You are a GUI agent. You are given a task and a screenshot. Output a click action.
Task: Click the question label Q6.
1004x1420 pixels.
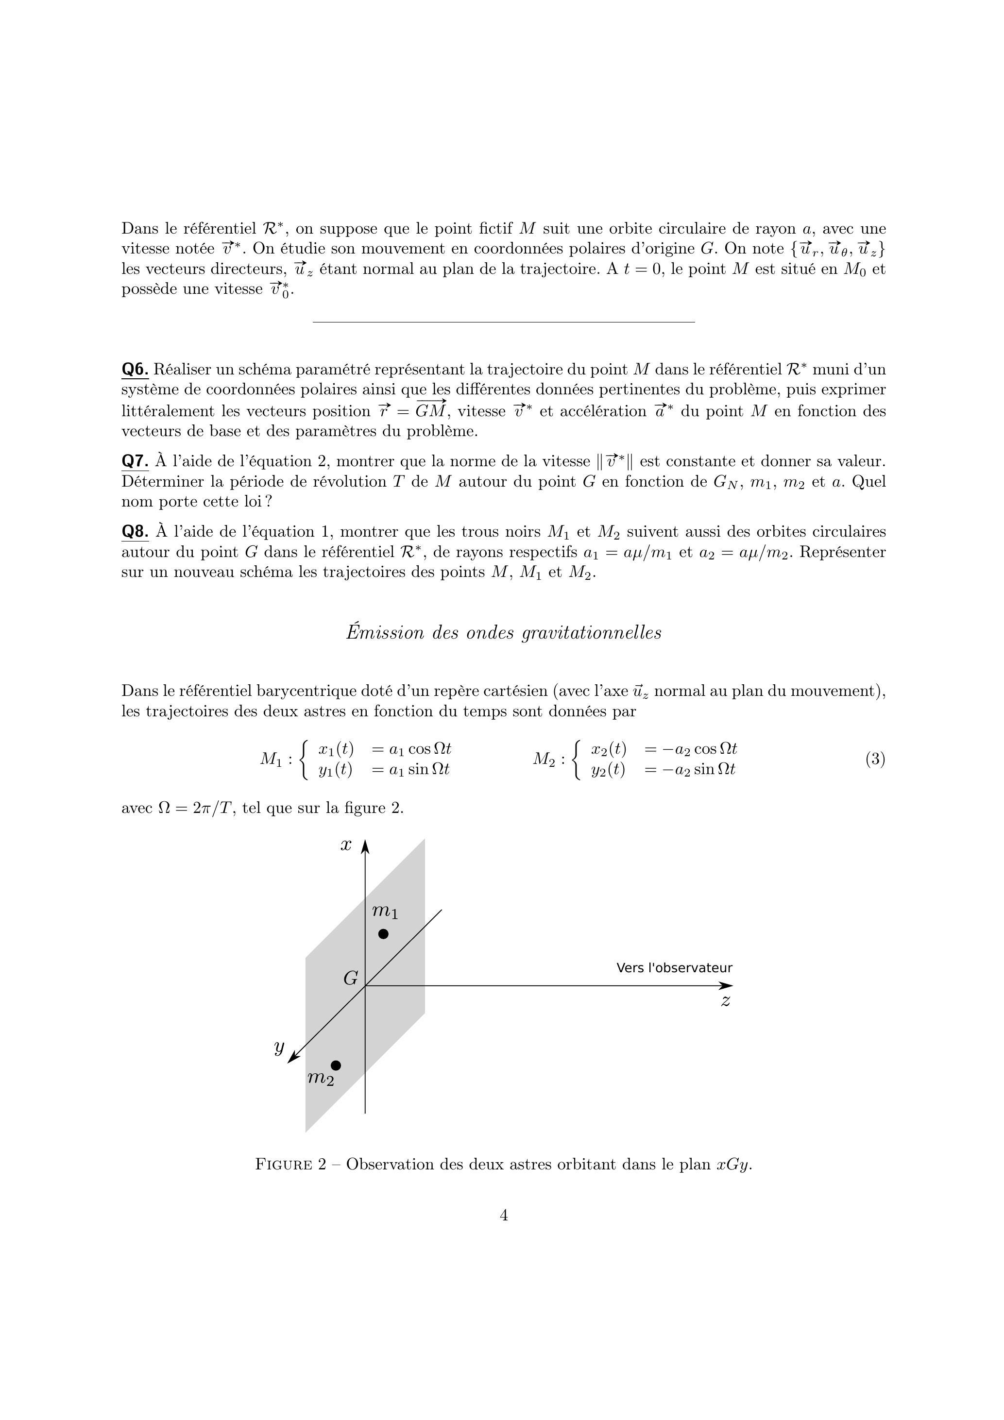(135, 370)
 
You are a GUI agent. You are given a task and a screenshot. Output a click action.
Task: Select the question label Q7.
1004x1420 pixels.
(135, 461)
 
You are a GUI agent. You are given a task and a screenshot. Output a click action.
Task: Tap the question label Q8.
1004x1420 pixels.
(135, 532)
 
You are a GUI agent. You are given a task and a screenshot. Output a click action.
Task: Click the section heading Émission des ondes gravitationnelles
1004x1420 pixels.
(504, 633)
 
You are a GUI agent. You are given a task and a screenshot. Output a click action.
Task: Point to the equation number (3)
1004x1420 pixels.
(875, 759)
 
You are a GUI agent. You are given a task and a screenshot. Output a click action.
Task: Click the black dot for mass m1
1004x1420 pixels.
(384, 934)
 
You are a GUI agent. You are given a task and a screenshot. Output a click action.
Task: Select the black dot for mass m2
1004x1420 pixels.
(336, 1065)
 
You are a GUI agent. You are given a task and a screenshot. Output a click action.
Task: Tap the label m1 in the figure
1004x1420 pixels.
(385, 912)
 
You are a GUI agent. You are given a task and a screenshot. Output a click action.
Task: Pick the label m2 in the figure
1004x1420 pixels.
(321, 1078)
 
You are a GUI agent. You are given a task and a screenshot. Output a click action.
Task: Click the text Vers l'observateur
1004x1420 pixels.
(674, 968)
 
